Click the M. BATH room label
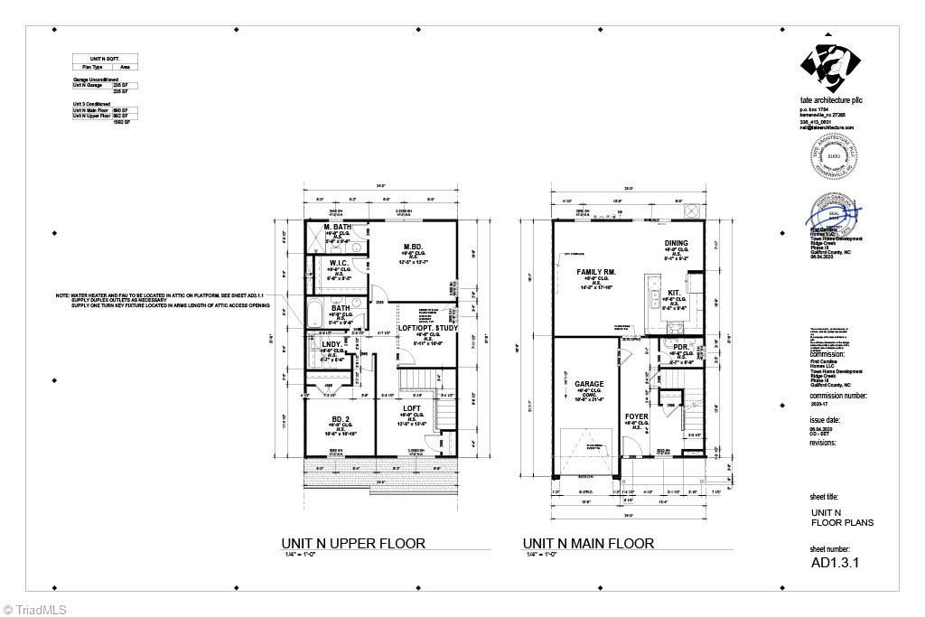pos(338,227)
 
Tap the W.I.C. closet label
pos(339,263)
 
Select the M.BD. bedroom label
pos(414,247)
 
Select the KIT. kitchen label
pos(674,293)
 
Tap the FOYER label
pos(638,416)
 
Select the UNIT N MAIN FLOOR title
pos(588,544)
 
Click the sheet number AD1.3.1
pos(834,561)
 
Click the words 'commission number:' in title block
pos(838,396)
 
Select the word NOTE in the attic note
pos(61,295)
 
